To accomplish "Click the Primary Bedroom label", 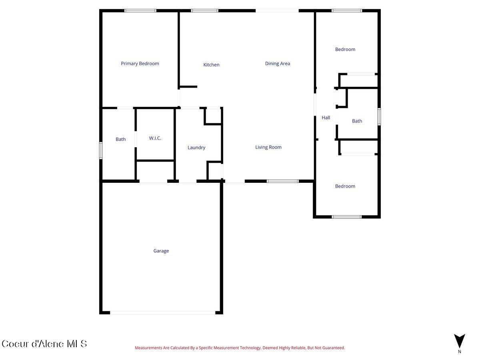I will click(x=140, y=64).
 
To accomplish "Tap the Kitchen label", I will click(x=211, y=65).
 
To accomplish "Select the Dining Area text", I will click(x=278, y=64).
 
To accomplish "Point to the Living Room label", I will click(x=268, y=147).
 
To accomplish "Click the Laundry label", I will click(x=196, y=148).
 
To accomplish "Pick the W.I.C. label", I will click(x=155, y=138).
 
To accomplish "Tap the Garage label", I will click(x=161, y=251).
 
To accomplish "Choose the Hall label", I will click(x=326, y=118).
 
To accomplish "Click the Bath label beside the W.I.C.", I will click(x=121, y=140).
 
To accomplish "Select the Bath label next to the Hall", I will click(x=357, y=121).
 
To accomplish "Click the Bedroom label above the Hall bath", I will click(x=345, y=50).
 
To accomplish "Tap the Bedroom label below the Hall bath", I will click(x=345, y=186).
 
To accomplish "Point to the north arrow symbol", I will click(x=460, y=341).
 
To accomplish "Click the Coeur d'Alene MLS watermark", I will click(x=44, y=344).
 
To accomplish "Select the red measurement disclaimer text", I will click(x=240, y=348).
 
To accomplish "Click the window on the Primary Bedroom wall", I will click(x=140, y=11).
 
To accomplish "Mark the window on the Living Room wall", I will click(x=283, y=181).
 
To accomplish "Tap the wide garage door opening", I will click(x=162, y=312).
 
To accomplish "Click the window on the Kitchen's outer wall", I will click(x=204, y=11).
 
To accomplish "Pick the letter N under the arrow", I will click(x=460, y=352).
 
